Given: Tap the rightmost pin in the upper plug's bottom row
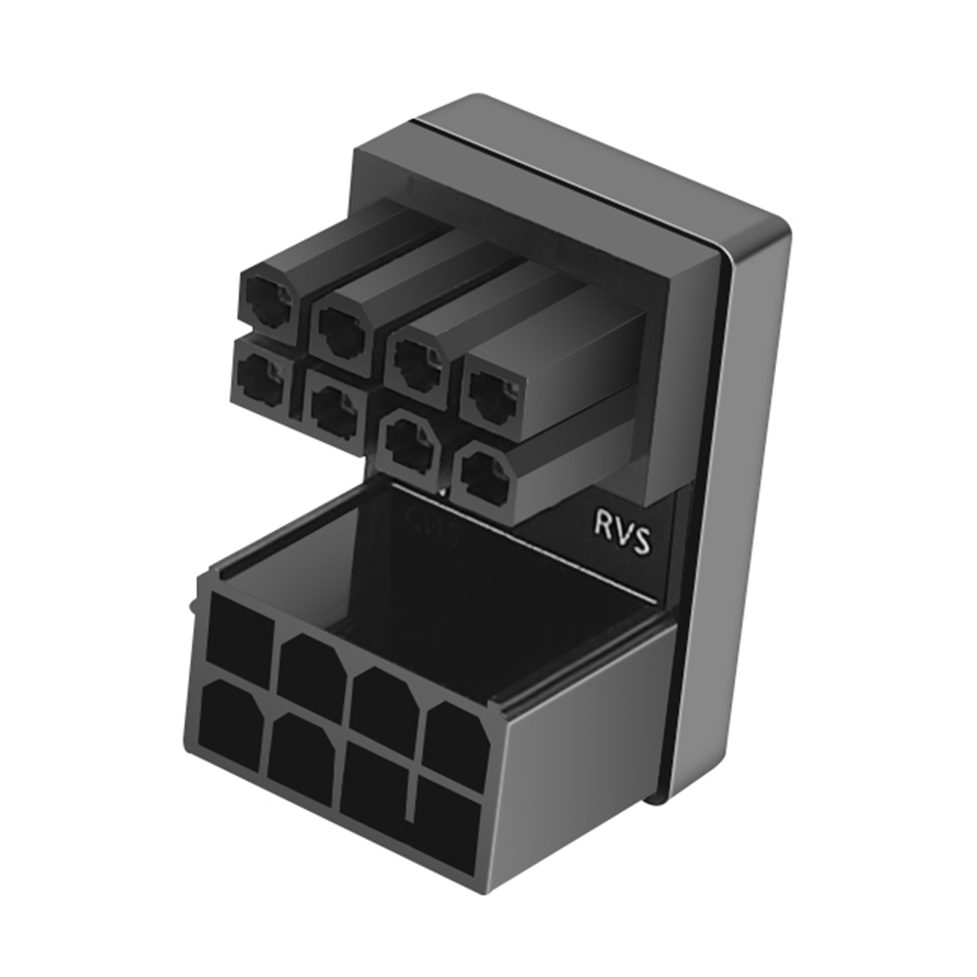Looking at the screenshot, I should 483,476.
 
